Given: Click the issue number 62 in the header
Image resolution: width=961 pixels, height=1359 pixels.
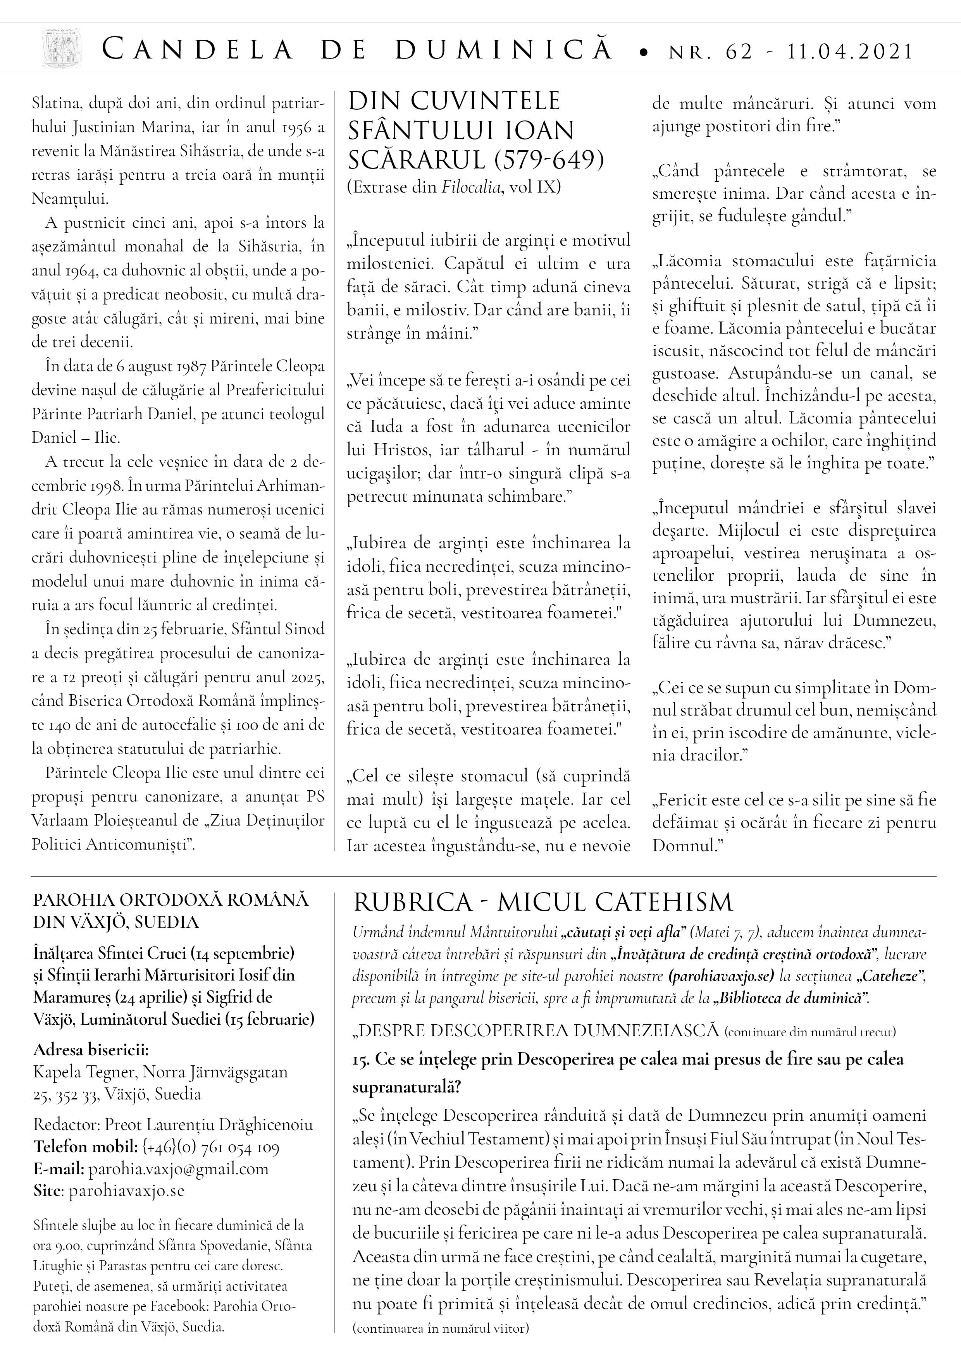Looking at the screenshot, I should coord(737,52).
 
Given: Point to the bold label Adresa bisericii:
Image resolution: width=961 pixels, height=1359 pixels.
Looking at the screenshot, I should coord(91,1049).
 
